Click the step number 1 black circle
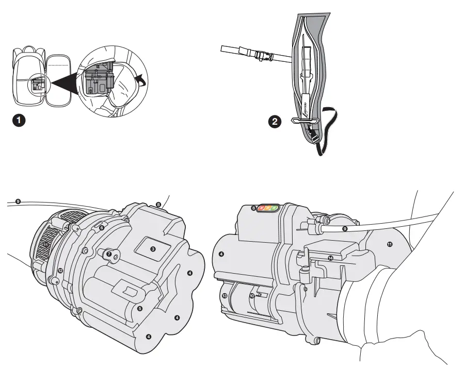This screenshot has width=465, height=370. tap(19, 122)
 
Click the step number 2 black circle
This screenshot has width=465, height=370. tap(276, 122)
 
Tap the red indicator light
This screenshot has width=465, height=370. tap(262, 208)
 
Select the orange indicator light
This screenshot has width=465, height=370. tap(268, 208)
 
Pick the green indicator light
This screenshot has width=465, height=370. tap(275, 208)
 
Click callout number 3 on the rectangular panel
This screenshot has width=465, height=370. tap(153, 248)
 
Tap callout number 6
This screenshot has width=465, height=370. tap(102, 227)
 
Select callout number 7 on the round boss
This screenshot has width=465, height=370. tap(109, 254)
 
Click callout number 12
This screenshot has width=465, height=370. tap(60, 270)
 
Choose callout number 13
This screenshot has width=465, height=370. tap(224, 296)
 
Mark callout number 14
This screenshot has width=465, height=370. tap(331, 258)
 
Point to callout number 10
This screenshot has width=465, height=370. tap(252, 296)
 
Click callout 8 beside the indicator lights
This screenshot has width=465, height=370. tap(253, 208)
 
